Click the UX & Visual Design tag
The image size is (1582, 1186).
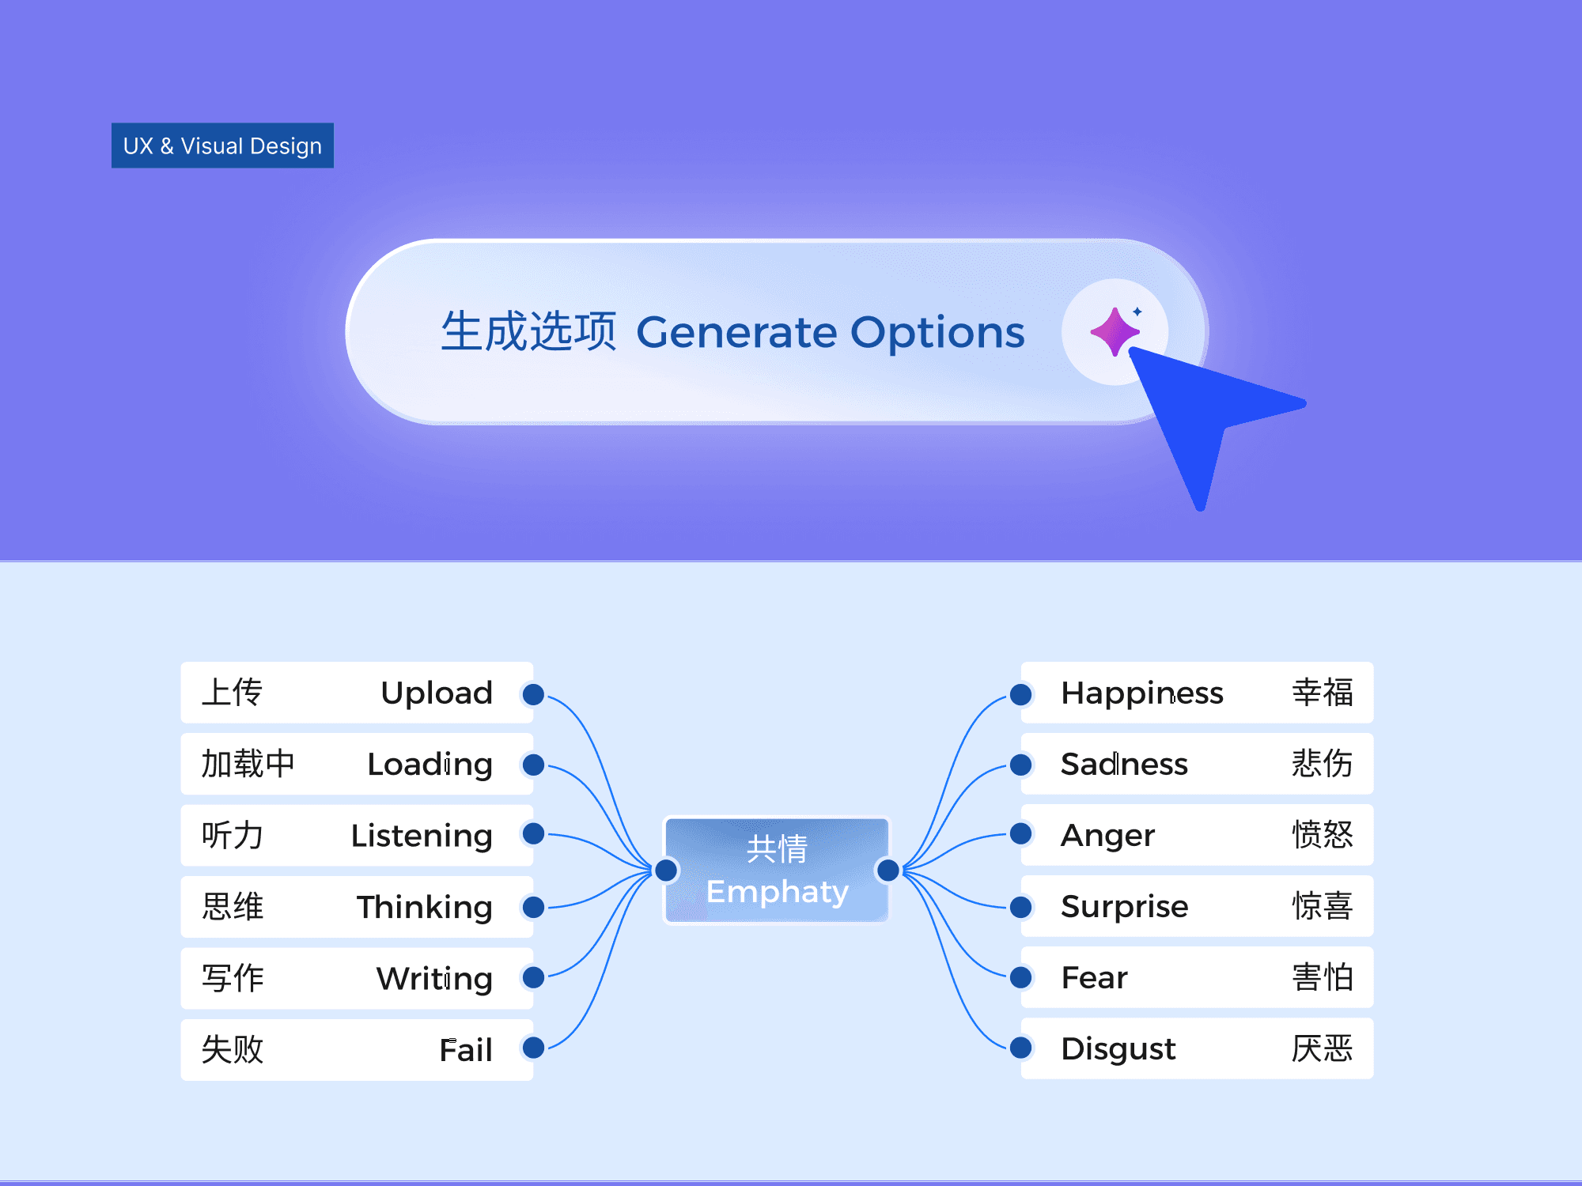click(222, 145)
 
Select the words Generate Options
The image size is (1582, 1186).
click(831, 332)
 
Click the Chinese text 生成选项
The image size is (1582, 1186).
click(528, 331)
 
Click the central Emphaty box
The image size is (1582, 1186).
click(777, 870)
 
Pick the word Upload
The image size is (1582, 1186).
click(437, 693)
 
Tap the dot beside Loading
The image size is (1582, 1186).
click(534, 765)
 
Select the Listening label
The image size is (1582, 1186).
click(422, 836)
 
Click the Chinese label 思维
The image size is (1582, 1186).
click(233, 907)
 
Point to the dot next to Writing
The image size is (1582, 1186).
click(534, 978)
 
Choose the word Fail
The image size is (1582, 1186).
click(466, 1050)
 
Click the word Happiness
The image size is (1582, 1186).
click(1141, 693)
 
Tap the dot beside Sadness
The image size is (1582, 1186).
click(1021, 765)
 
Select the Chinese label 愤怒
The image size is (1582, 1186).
click(1322, 835)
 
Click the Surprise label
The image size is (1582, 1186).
click(1124, 907)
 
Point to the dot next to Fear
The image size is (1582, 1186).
click(1021, 978)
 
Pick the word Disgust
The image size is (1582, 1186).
click(1118, 1049)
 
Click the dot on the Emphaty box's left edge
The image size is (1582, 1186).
click(667, 871)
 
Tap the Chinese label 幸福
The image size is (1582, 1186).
click(1322, 693)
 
